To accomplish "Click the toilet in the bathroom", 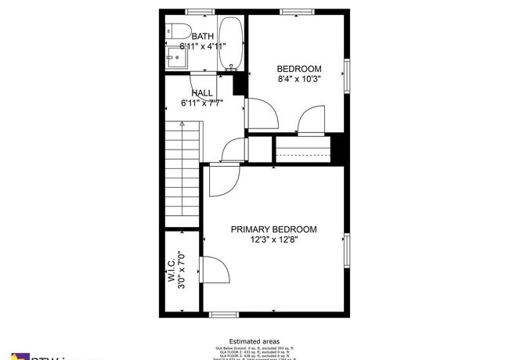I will click(x=179, y=31).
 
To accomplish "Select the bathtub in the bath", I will click(x=230, y=43).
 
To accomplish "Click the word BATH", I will click(x=203, y=36).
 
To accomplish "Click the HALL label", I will click(x=202, y=92).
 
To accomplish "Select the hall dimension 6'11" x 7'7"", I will click(x=202, y=103).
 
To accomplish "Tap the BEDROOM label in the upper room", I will click(x=299, y=68).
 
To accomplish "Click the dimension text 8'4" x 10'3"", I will click(x=299, y=78).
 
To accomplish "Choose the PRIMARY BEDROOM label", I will click(x=273, y=229).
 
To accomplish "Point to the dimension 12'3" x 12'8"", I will click(x=273, y=239).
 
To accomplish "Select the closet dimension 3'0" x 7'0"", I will click(x=183, y=270).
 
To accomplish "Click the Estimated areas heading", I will click(x=254, y=342).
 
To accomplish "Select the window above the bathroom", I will click(x=202, y=11).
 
